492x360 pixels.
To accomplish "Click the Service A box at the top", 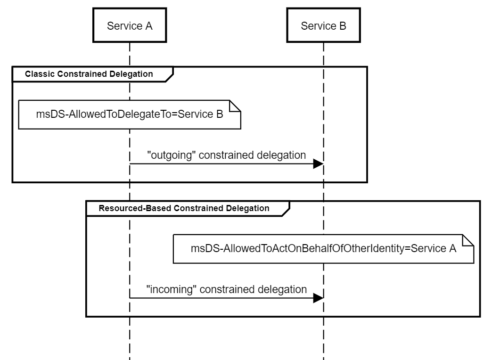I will (130, 26).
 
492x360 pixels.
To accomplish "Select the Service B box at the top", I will (323, 26).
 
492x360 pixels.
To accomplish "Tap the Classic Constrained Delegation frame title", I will (89, 74).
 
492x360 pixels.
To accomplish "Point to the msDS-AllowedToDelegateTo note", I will (130, 114).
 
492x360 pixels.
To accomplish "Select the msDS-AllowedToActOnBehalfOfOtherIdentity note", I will (323, 248).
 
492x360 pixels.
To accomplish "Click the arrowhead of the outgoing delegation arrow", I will (318, 164).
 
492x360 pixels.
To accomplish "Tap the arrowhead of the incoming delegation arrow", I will (318, 298).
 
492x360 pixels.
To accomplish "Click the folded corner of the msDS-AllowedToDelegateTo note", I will (236, 105).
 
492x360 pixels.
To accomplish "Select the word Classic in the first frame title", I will (38, 74).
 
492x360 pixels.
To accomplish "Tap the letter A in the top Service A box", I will (149, 26).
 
